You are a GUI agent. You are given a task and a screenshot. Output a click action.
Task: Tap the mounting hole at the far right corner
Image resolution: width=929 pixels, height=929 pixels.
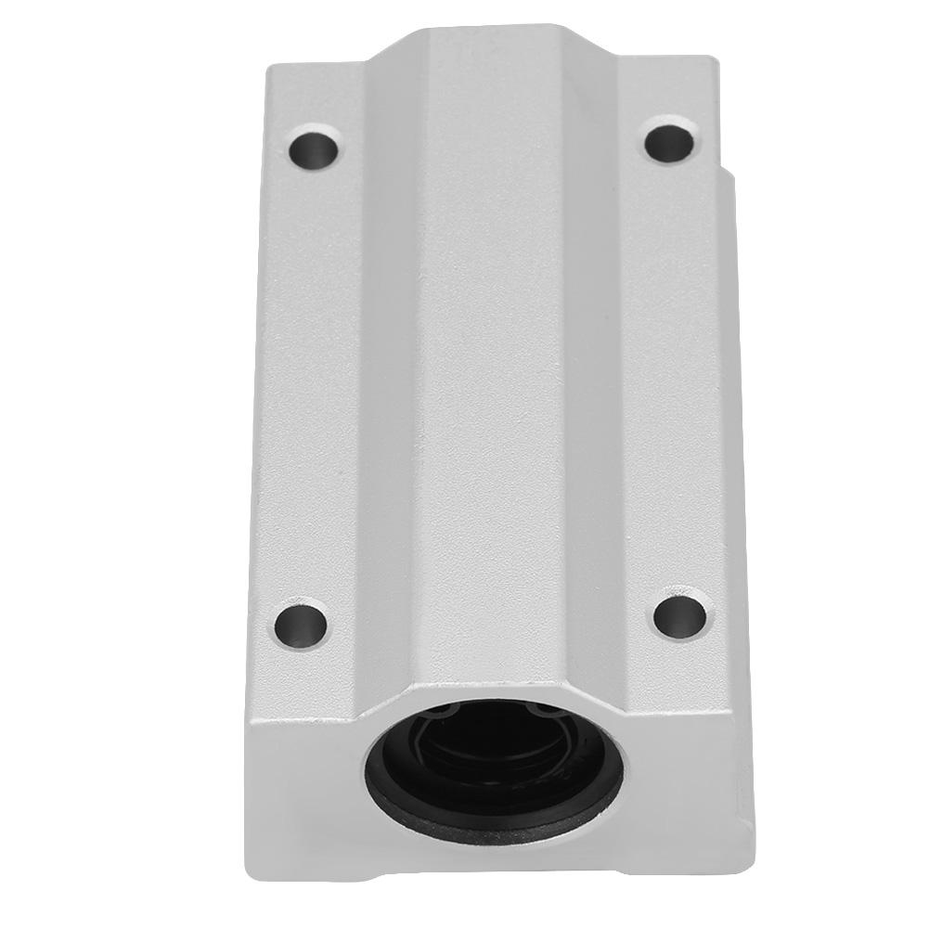coord(669,142)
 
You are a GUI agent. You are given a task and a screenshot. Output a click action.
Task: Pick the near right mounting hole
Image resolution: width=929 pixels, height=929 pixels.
coord(681,614)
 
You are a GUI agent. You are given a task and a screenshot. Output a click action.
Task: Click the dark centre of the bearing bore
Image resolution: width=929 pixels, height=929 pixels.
coord(492,756)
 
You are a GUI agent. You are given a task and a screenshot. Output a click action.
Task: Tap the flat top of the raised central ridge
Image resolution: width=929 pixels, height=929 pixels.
coord(492,371)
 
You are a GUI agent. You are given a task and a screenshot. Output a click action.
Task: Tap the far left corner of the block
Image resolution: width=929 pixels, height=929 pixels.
coord(269,67)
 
